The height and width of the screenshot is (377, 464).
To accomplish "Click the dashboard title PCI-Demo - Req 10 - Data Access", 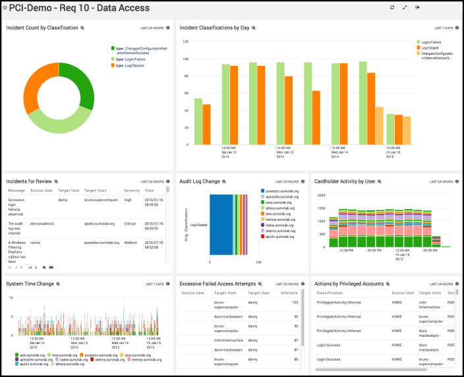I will point(80,8).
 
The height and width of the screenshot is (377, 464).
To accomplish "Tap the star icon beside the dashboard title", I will point(5,8).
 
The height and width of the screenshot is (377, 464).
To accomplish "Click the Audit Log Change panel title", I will point(200,181).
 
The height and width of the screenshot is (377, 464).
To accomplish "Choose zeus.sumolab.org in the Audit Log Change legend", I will point(279,203).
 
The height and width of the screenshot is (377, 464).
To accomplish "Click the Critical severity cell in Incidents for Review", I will point(132,224).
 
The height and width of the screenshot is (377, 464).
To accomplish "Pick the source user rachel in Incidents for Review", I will point(39,242).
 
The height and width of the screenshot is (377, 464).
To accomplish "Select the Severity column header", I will point(132,190).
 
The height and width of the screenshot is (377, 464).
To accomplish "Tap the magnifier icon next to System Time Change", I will point(57,283).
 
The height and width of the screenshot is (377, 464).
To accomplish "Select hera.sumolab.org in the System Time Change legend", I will point(61,355).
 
